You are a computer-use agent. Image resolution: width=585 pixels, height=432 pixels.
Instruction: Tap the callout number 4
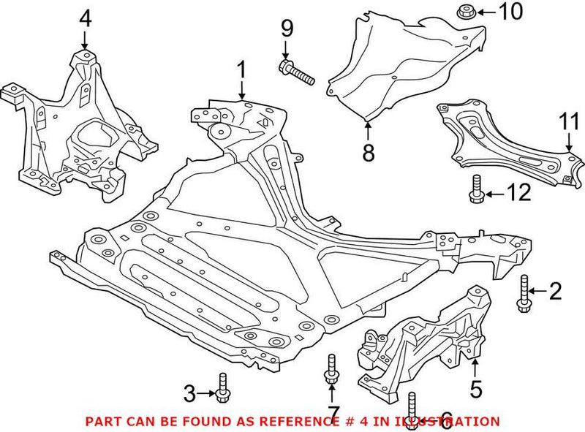[86, 18]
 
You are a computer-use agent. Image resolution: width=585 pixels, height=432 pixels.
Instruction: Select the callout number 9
[286, 30]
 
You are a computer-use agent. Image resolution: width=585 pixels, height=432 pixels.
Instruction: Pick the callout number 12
[516, 194]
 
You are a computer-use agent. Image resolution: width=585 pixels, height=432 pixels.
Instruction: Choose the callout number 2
[555, 292]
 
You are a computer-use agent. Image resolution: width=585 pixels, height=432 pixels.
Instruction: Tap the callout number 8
[368, 153]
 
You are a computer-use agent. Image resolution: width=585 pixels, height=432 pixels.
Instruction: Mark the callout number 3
[189, 394]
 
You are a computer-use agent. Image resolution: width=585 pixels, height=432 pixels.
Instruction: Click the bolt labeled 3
[222, 387]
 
